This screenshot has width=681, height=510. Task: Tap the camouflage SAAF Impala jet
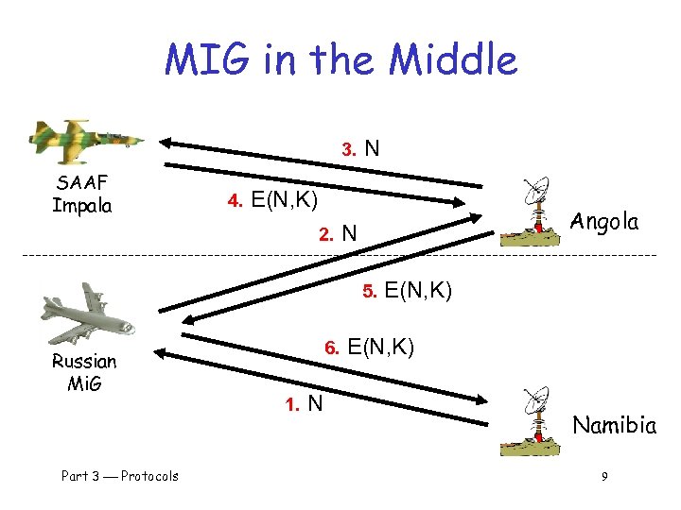[85, 139]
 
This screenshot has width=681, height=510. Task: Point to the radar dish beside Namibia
[537, 416]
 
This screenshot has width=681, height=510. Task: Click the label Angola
[604, 222]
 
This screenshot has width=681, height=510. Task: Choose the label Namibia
[614, 425]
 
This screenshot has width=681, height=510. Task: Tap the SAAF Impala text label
[82, 194]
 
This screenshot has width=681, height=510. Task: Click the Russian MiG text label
[84, 372]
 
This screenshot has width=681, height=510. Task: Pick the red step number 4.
[236, 201]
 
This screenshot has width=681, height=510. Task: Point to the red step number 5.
[370, 292]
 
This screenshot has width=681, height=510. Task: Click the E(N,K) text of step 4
[285, 200]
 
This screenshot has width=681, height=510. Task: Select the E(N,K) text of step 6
[380, 347]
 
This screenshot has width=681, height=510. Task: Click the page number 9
[603, 476]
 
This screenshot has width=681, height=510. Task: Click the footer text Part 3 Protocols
[119, 476]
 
